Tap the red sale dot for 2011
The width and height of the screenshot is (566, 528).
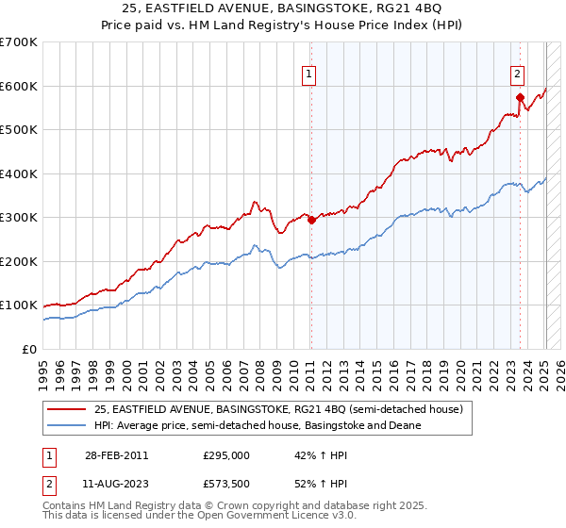[x=311, y=220]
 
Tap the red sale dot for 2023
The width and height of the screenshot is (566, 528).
[x=520, y=97]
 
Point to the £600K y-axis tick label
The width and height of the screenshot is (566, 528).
[x=18, y=86]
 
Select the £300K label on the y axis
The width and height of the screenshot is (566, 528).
[x=18, y=218]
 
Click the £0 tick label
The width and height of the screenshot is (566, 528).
[x=30, y=349]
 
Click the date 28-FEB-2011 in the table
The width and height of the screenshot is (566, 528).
[x=115, y=455]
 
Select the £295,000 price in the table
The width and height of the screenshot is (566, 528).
[x=226, y=455]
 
